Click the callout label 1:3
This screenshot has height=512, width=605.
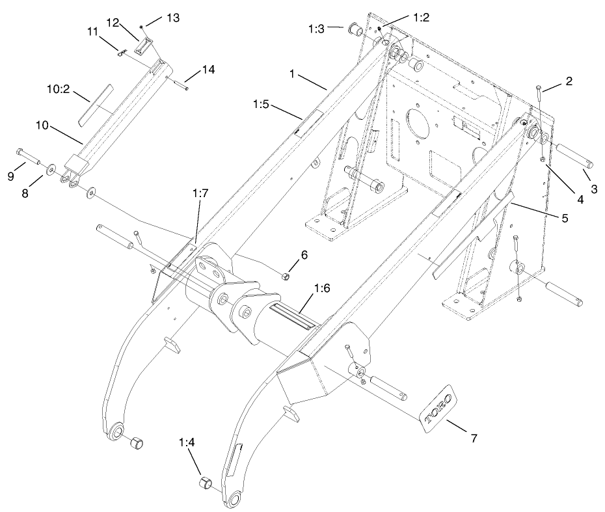(317, 28)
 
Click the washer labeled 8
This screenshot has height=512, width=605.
(50, 170)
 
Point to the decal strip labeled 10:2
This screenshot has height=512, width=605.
(95, 104)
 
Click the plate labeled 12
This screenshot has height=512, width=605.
(143, 46)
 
